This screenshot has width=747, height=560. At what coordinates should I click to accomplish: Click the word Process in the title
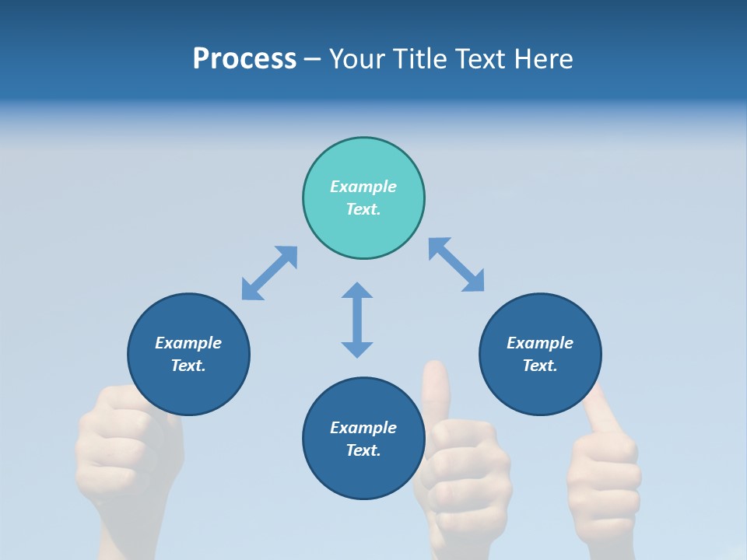pos(244,59)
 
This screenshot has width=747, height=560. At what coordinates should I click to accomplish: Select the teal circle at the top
pos(363,163)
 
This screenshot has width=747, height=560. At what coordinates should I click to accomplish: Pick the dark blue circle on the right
pos(540,389)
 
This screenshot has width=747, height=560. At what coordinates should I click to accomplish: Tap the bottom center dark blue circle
pos(363,474)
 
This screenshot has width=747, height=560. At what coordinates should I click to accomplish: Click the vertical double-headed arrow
pos(357,320)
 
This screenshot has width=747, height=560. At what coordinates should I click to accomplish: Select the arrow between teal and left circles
pos(269,273)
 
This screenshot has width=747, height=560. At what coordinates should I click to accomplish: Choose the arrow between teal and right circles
pos(456,264)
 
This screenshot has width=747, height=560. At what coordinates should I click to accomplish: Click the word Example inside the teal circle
pos(363,187)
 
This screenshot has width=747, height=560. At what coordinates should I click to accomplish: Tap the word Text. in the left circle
pos(188,366)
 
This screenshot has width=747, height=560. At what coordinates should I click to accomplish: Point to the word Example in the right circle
pos(540,343)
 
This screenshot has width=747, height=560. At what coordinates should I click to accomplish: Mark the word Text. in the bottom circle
pos(363,450)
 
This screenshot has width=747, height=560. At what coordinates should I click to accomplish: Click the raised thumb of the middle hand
pos(436,385)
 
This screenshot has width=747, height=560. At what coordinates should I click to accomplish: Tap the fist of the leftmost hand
pos(124,443)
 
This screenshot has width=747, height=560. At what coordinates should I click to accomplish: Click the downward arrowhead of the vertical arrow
pos(357,348)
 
